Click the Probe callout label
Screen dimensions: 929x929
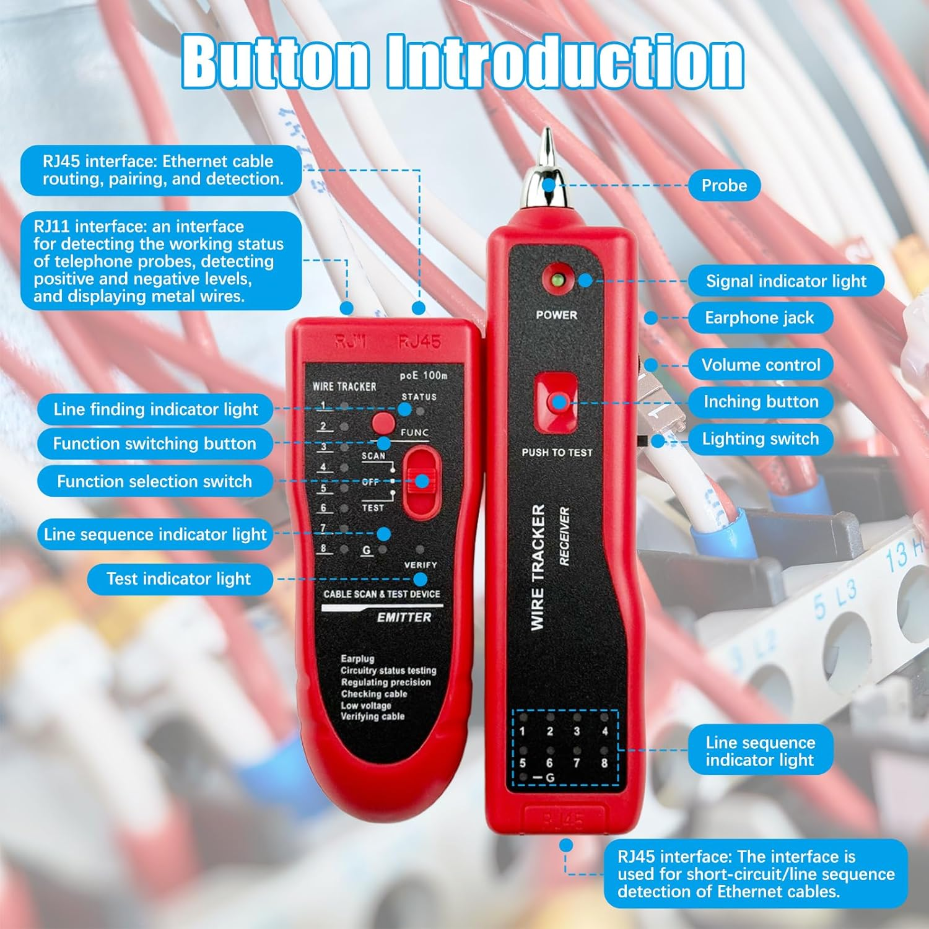point(723,185)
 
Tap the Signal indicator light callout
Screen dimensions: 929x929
point(785,281)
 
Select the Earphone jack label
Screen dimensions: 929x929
point(759,318)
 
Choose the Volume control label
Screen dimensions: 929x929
point(761,365)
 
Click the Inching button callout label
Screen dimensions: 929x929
point(761,401)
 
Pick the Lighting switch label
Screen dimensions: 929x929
point(760,438)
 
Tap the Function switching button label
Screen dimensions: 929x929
point(154,443)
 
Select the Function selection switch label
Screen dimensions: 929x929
point(154,481)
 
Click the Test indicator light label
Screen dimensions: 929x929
point(179,578)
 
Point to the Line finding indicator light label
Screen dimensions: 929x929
point(155,409)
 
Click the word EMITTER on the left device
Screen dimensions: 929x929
point(404,617)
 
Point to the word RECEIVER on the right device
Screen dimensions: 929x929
point(564,536)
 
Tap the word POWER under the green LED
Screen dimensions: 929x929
point(556,315)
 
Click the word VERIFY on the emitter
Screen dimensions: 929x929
point(420,565)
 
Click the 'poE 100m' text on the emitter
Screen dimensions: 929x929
point(423,375)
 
